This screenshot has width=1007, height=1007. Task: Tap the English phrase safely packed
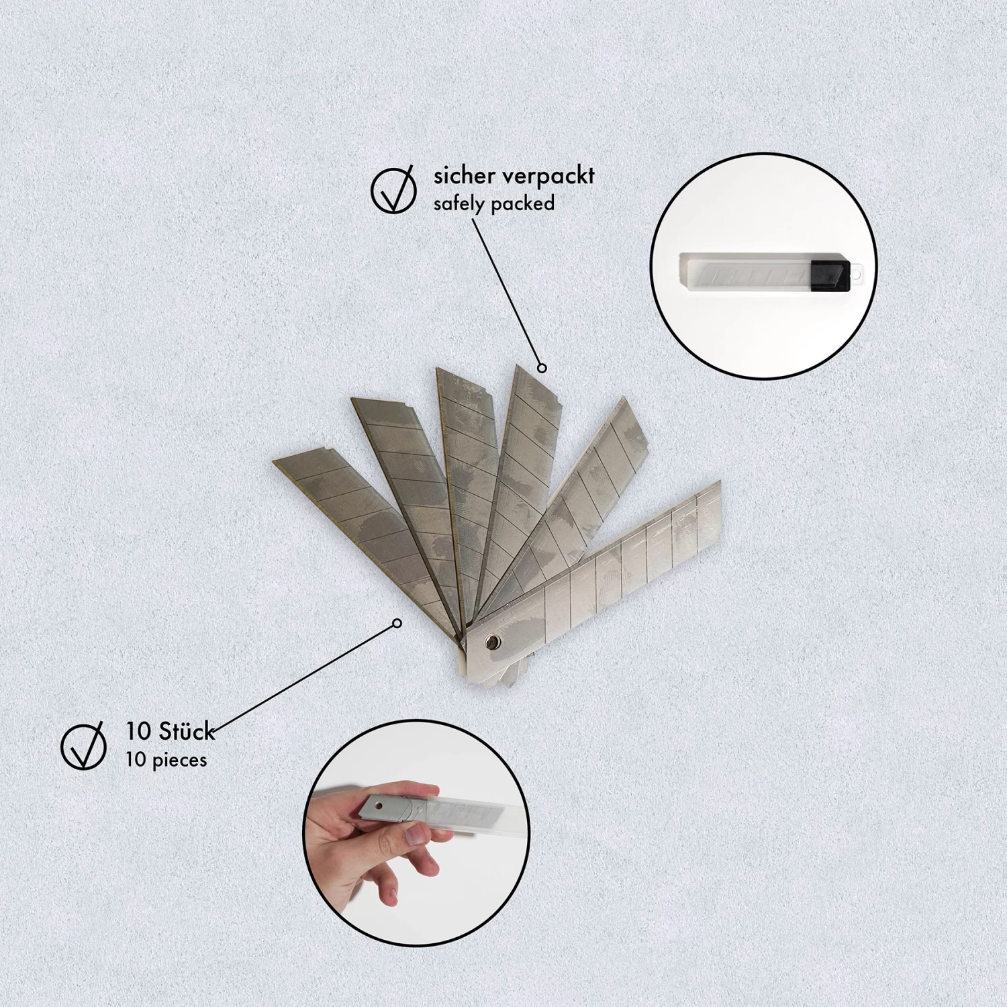(493, 204)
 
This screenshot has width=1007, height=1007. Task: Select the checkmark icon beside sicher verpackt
(393, 191)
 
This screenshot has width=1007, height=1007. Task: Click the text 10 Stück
(170, 731)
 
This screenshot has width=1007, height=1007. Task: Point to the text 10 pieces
(166, 761)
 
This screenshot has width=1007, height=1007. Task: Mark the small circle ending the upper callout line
(542, 368)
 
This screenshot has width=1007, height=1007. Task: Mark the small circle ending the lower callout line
(397, 624)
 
